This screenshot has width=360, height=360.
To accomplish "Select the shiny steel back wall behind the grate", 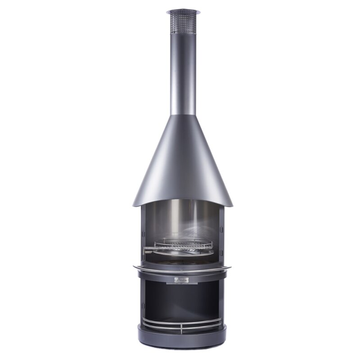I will click(x=182, y=220).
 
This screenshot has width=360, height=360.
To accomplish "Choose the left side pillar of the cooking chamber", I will click(x=143, y=234).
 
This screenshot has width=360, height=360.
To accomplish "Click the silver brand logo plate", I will click(x=182, y=280).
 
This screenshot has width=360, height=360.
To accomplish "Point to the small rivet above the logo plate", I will click(x=182, y=271).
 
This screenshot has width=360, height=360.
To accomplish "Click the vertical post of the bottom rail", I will click(x=182, y=328).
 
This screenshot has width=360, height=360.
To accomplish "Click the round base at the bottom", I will click(x=182, y=340).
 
